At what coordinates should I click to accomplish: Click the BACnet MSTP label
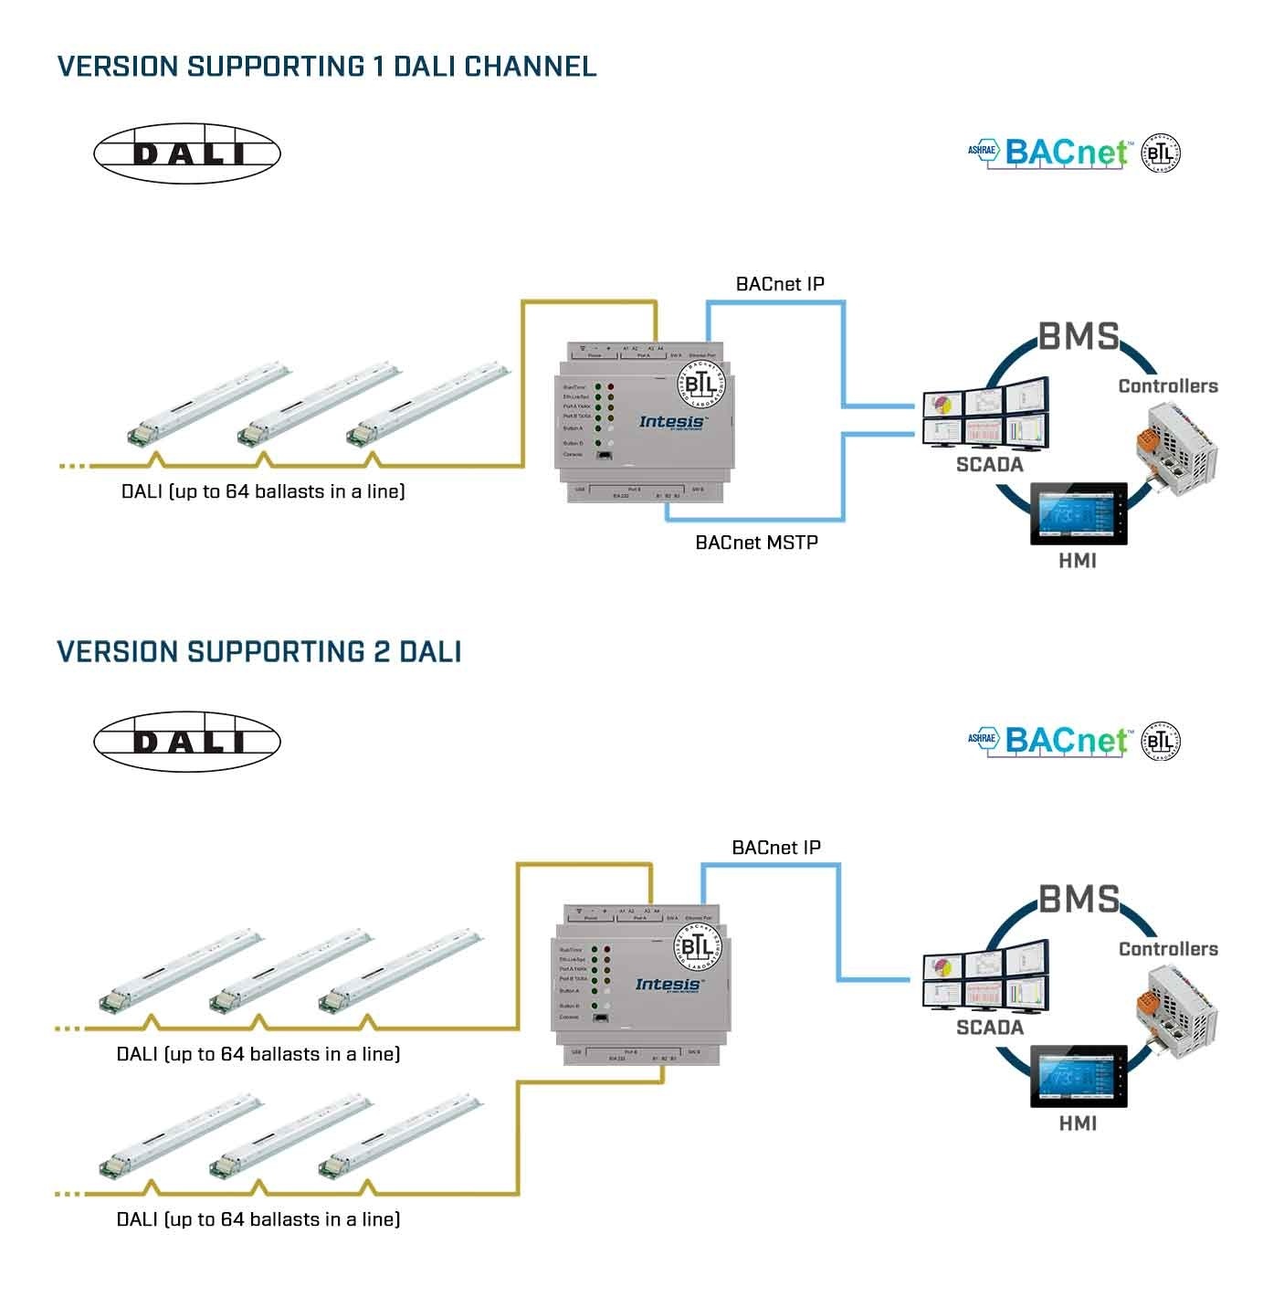[756, 543]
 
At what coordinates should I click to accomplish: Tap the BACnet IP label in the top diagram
[780, 284]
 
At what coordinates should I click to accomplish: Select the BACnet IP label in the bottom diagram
[776, 848]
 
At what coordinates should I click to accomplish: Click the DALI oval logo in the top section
[187, 153]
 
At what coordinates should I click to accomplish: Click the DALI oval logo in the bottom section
[187, 741]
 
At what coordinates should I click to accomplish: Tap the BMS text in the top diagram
[1079, 337]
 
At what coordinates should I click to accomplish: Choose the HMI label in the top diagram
[1078, 561]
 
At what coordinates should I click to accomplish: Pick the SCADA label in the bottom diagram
[989, 1028]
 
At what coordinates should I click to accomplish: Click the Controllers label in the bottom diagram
[1168, 949]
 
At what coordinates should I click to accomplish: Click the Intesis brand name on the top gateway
[672, 422]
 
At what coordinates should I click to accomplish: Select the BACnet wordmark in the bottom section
[1067, 740]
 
